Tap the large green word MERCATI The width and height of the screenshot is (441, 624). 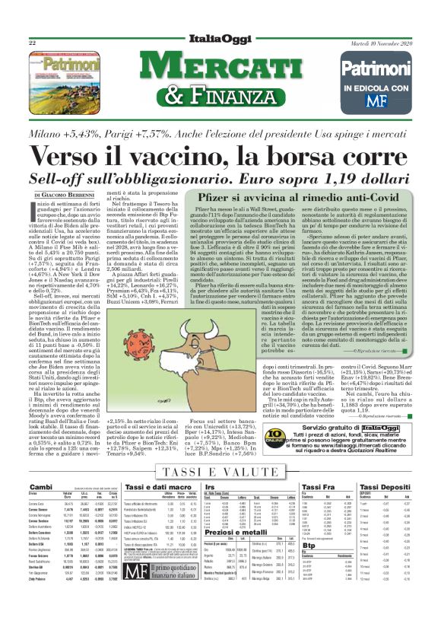[220, 70]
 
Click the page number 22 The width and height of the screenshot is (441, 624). [32, 44]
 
